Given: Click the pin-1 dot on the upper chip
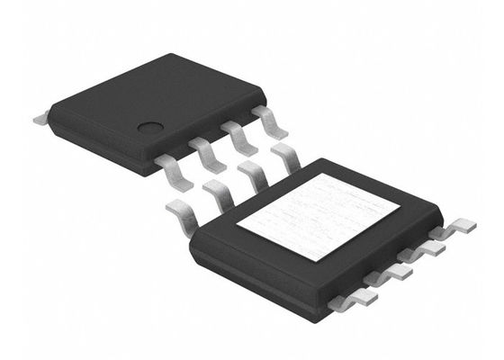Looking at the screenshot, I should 148,128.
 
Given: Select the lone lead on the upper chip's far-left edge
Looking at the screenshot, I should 40,117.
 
